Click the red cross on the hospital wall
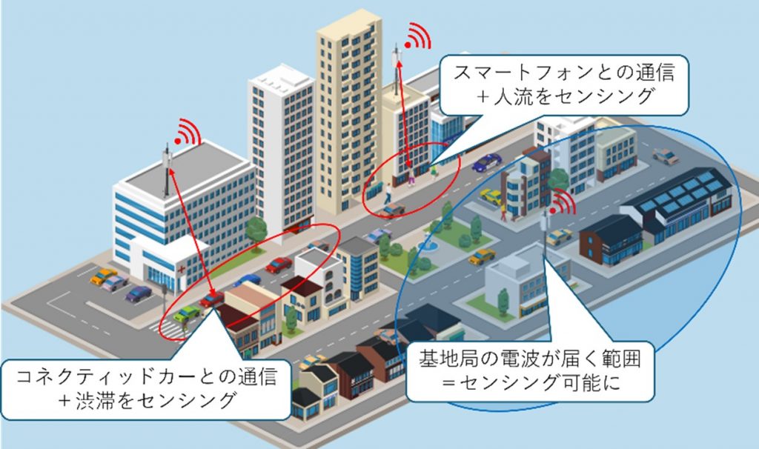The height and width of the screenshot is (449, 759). click(x=182, y=269)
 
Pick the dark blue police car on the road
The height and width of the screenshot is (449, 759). click(x=486, y=162)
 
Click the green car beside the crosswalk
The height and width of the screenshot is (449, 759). click(x=187, y=313)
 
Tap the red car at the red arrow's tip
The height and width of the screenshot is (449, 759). click(x=211, y=299)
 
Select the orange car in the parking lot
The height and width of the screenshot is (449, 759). click(x=103, y=276)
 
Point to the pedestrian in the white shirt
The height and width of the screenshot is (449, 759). click(x=388, y=193)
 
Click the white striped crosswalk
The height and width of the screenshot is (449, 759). click(x=170, y=329)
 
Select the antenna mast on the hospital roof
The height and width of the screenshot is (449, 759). click(x=167, y=170)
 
